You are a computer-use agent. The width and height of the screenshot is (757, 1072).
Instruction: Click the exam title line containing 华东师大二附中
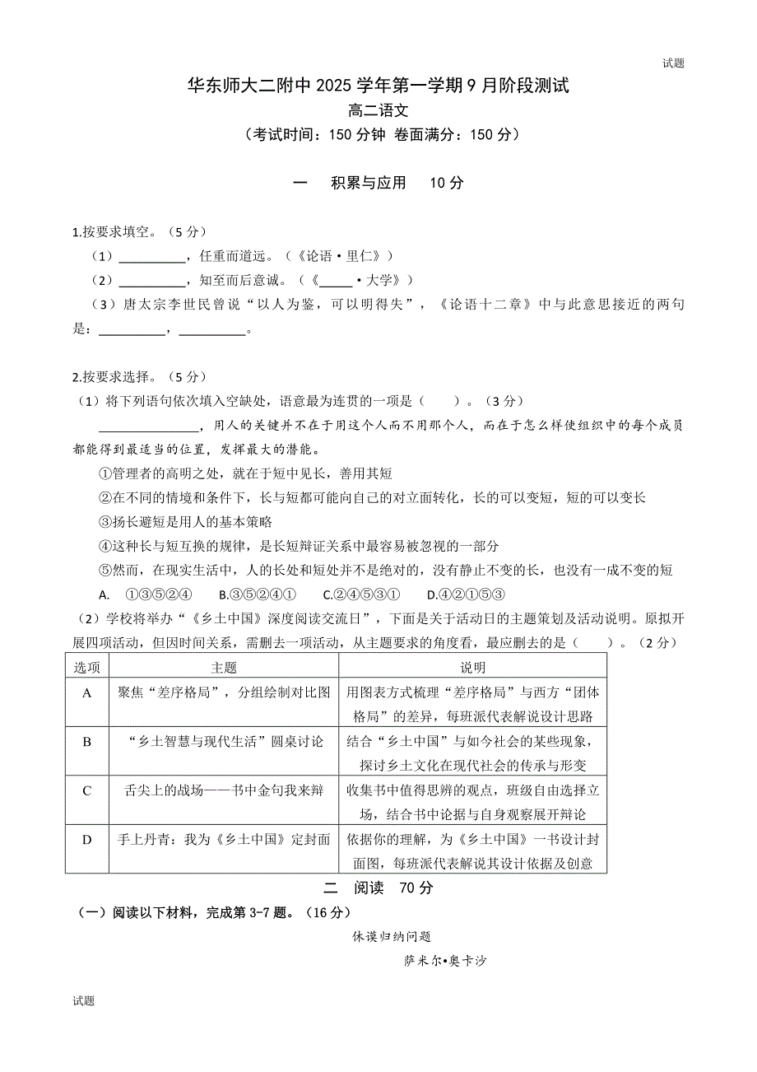click(378, 86)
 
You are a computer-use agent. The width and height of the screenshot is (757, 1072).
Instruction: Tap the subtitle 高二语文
click(378, 110)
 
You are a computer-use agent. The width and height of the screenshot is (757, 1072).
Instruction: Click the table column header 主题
click(223, 667)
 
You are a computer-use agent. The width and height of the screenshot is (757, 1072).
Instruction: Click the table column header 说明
click(472, 667)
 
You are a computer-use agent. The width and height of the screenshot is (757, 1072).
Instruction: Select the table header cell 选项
click(86, 667)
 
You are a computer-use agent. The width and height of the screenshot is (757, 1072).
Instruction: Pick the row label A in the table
click(86, 693)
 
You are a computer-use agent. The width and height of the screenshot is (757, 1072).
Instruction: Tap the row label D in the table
click(86, 840)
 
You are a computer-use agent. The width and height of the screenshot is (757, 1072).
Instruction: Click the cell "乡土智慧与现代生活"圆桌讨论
click(223, 742)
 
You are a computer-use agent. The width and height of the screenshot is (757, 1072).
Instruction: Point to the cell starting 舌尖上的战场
click(223, 791)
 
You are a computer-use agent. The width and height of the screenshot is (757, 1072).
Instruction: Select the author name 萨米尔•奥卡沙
click(445, 961)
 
